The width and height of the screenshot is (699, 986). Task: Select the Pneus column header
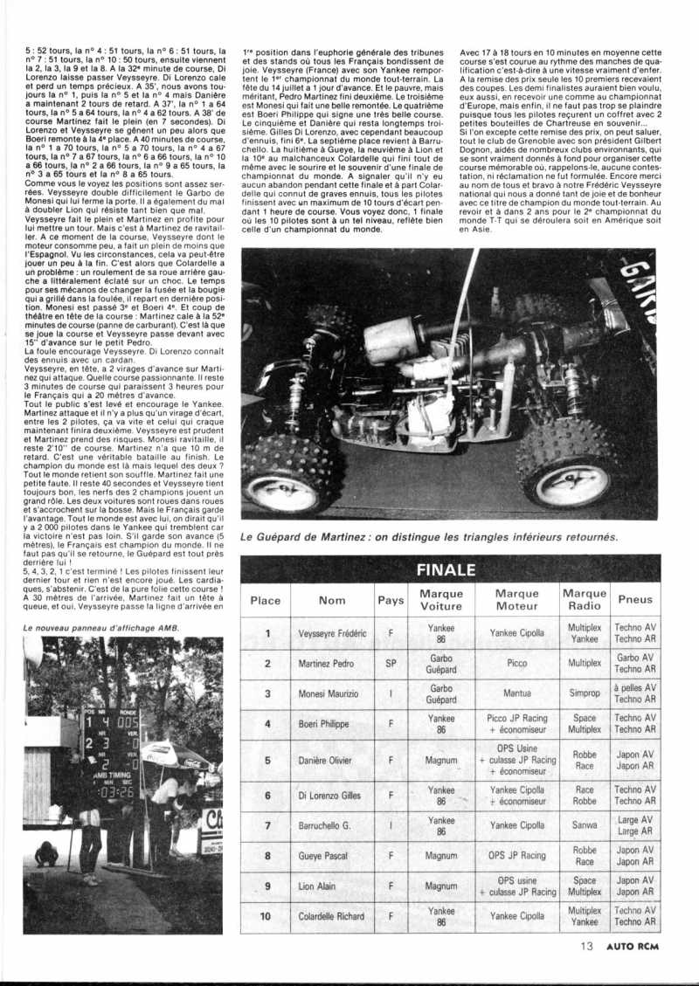point(635,600)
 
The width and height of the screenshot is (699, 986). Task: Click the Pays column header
point(391,600)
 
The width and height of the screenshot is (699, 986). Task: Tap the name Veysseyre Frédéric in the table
point(332,633)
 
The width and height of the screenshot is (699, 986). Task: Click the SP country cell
point(391,663)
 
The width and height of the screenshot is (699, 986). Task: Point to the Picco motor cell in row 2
point(516,663)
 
